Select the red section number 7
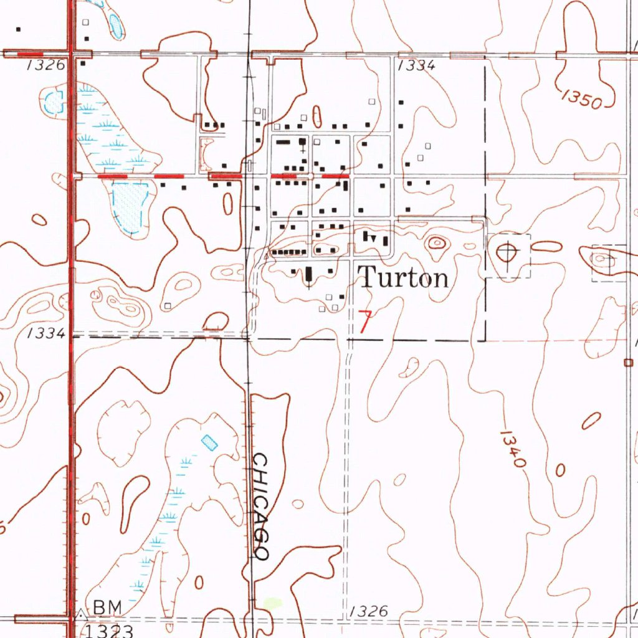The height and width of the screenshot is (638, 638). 365,322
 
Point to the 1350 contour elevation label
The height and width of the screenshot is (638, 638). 581,99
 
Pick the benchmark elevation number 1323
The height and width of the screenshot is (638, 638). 110,631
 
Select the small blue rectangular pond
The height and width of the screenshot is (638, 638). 210,442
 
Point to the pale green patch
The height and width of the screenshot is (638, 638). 272,603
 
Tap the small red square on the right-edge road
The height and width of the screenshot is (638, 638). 627,362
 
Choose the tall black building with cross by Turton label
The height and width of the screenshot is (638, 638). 309,275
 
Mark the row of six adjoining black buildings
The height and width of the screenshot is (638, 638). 288,252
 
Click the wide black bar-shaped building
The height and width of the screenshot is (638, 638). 283,142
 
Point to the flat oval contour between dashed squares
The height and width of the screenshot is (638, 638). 547,247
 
